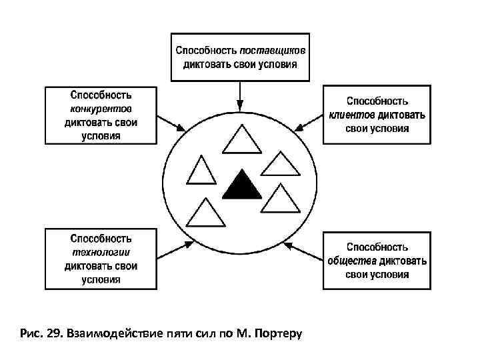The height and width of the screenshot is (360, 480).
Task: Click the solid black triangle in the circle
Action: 241,187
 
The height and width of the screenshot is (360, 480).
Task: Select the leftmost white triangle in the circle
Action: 201,171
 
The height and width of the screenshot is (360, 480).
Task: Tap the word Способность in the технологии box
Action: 101,238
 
